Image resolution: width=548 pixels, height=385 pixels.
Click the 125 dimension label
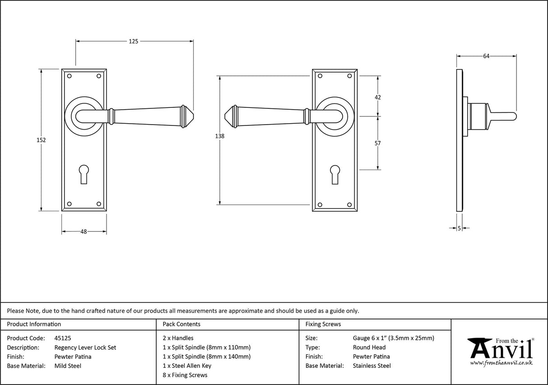tap(133, 41)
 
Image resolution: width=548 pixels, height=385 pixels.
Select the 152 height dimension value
tap(41, 140)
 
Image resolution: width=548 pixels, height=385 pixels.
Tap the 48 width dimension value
tap(84, 232)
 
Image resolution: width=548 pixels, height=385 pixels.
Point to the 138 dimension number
tap(220, 136)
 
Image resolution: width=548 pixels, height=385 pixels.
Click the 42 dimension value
tap(378, 97)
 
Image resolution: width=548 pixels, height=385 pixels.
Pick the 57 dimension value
tap(378, 143)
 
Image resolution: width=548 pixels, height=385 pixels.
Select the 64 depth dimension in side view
tap(486, 56)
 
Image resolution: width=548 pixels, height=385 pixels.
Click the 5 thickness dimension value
tap(460, 228)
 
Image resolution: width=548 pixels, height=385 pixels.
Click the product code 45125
tap(62, 338)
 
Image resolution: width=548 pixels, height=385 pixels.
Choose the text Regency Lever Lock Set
tap(85, 348)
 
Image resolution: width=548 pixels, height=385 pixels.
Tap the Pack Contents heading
tap(181, 324)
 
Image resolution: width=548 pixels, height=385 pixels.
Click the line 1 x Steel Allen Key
tap(187, 366)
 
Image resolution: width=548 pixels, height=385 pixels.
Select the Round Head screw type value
tap(369, 348)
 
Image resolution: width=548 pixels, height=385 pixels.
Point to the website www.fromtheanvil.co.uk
tap(501, 363)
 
